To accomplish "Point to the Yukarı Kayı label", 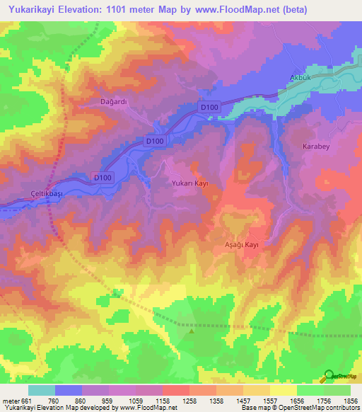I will point(190,183).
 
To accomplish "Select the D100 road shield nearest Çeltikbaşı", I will point(103,177).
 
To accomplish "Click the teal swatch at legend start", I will point(42,389).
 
